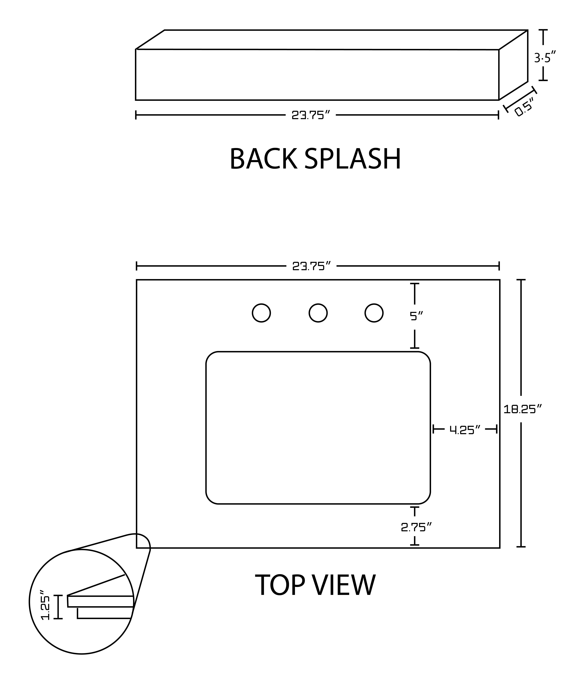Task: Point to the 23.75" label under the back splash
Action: click(311, 115)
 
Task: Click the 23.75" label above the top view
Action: click(311, 266)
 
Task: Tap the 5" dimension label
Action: click(416, 316)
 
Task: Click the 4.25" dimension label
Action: click(465, 430)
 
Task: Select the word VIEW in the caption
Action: click(343, 585)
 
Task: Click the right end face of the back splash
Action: click(513, 65)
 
